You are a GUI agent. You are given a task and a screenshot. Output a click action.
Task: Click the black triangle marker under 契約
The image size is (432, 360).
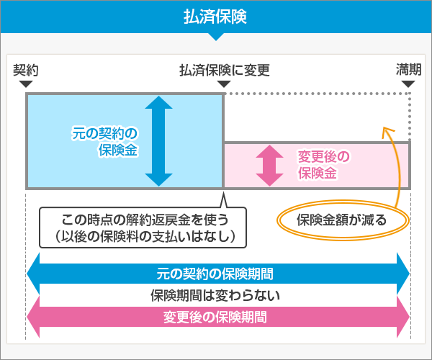[x=26, y=84]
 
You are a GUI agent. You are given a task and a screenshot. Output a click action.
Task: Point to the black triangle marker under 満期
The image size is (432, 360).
[x=408, y=84]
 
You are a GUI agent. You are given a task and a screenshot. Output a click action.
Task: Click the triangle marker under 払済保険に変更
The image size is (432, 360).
[x=224, y=84]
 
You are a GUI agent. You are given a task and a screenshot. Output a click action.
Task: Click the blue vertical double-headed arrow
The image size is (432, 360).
[x=158, y=140]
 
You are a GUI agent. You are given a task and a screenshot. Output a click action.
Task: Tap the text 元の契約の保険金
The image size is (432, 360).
[x=105, y=142]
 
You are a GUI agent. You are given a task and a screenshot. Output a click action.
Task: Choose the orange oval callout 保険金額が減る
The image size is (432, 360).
[x=342, y=220]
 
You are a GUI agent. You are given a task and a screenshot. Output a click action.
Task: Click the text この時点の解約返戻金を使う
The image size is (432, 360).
[x=144, y=219]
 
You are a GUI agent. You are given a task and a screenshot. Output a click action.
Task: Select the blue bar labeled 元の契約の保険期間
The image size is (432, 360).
[x=216, y=274]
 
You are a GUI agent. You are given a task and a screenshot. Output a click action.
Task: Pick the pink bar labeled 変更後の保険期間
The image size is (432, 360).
[x=216, y=316]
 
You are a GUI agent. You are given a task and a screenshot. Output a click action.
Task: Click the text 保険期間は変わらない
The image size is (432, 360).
[x=215, y=295]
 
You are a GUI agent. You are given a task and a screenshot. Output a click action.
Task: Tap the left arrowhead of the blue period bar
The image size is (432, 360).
[x=33, y=274]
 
